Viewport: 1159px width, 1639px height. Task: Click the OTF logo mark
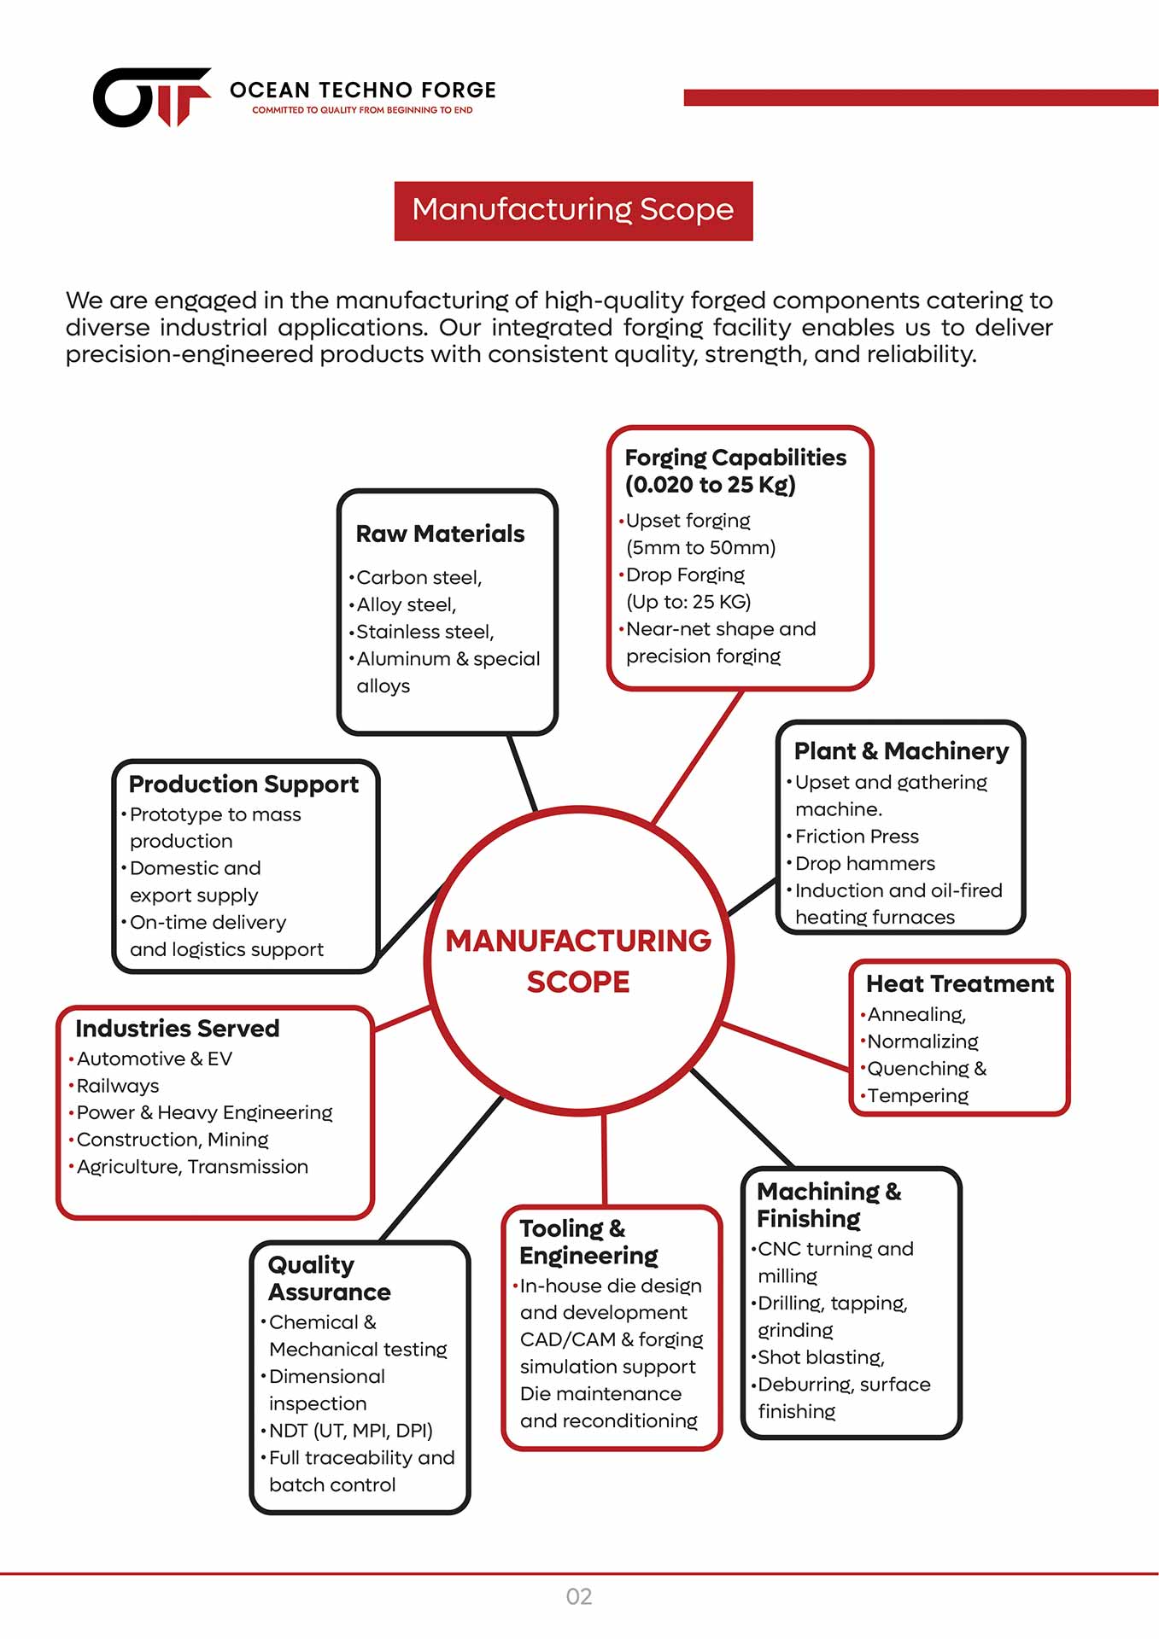coord(151,96)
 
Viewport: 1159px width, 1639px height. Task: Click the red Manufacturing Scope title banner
coord(573,210)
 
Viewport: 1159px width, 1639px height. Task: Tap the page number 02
coord(578,1596)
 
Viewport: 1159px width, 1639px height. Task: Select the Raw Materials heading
coord(440,534)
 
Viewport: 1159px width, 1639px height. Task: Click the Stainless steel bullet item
coord(424,632)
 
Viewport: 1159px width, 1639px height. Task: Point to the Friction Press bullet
coord(857,837)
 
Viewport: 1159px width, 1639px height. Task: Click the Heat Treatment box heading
coord(959,984)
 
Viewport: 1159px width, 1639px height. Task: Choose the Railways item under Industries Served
coord(118,1086)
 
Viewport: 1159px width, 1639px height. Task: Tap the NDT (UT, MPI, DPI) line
coord(350,1431)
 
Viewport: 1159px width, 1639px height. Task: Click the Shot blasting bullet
coord(821,1357)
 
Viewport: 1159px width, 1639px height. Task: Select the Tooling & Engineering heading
coord(588,1242)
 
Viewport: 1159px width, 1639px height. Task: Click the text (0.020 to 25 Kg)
coord(710,485)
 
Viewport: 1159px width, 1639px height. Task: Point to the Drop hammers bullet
coord(864,864)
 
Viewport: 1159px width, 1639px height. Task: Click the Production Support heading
coord(243,785)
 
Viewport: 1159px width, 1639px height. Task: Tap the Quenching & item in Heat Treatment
coord(927,1069)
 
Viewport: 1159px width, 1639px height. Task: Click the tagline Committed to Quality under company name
coord(362,110)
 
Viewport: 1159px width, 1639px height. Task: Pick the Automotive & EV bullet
coord(154,1059)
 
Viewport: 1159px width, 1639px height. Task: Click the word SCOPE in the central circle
coord(578,983)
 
